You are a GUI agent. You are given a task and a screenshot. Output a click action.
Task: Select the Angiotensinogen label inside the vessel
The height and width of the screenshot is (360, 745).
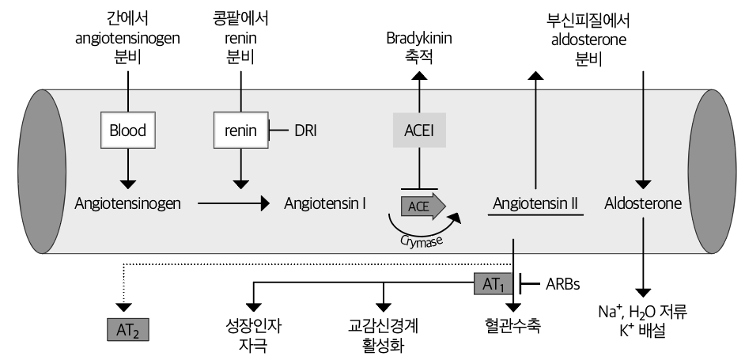(x=127, y=203)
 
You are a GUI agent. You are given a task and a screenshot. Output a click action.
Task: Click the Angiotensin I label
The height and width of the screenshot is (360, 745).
(x=324, y=203)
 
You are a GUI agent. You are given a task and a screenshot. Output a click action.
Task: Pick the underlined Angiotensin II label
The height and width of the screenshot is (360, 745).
(x=535, y=203)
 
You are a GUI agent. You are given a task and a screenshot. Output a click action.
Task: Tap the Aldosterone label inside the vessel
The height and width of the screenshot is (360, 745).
(x=643, y=203)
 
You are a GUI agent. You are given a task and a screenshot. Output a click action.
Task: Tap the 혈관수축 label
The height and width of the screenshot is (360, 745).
(x=514, y=326)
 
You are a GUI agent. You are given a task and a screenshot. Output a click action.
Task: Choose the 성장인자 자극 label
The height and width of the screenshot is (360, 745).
(x=252, y=335)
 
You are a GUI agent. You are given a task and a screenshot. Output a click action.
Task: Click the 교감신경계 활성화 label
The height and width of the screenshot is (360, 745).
(x=384, y=335)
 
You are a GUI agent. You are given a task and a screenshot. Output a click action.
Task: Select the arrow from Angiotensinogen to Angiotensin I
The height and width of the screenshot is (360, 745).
(x=233, y=204)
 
